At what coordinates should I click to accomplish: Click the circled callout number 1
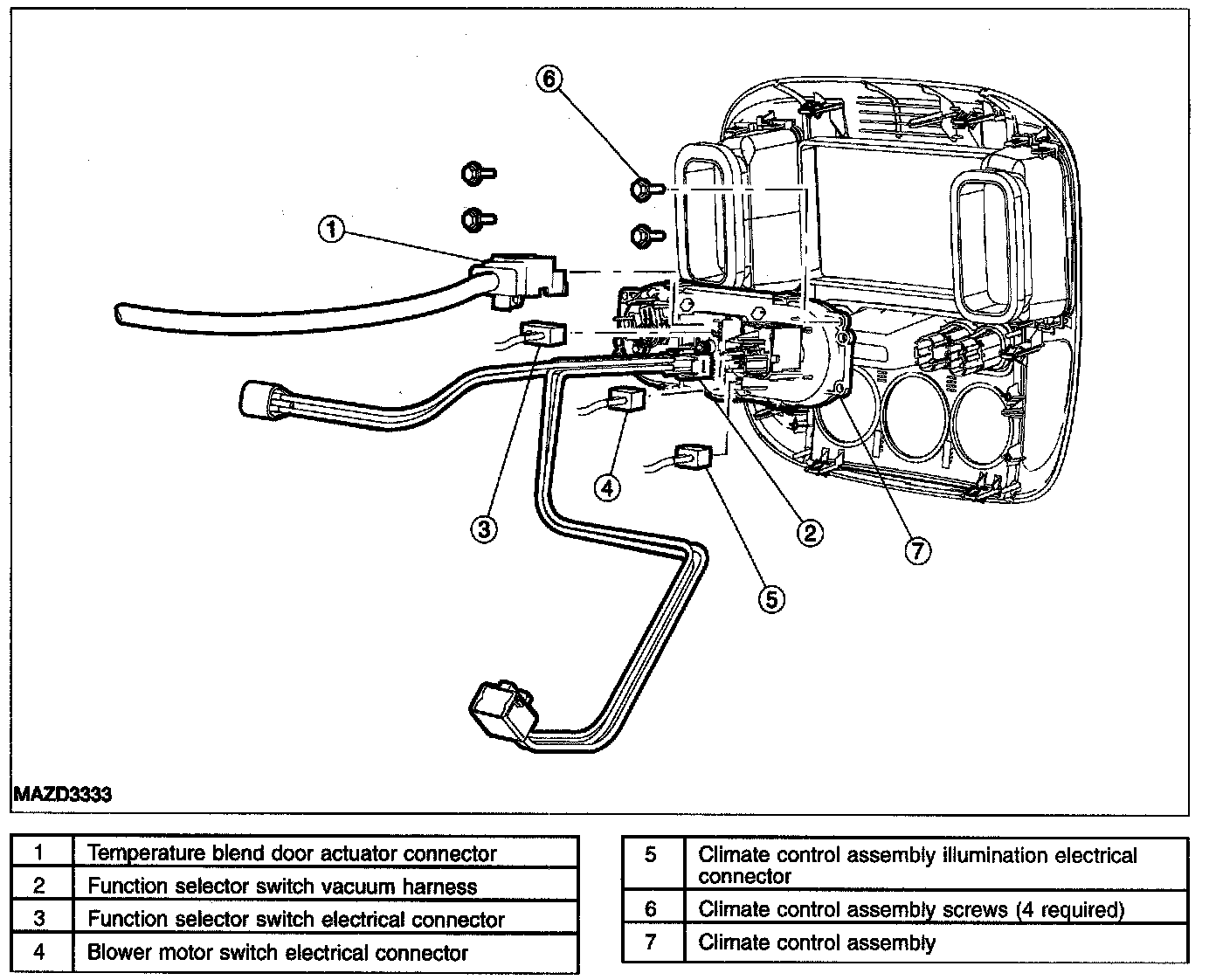(x=332, y=230)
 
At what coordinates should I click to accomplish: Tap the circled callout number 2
(x=810, y=533)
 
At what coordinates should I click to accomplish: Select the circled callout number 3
(x=484, y=529)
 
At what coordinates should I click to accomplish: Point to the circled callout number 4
(x=607, y=487)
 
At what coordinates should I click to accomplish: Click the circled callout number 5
(x=772, y=598)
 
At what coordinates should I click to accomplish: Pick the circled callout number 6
(x=549, y=79)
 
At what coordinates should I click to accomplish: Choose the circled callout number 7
(x=917, y=550)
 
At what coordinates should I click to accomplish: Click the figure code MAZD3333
(x=62, y=794)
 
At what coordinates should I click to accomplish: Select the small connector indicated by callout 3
(x=542, y=334)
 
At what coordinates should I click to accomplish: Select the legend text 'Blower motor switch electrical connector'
(x=278, y=952)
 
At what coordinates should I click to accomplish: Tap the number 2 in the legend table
(x=39, y=885)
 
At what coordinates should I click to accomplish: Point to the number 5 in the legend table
(x=651, y=854)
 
